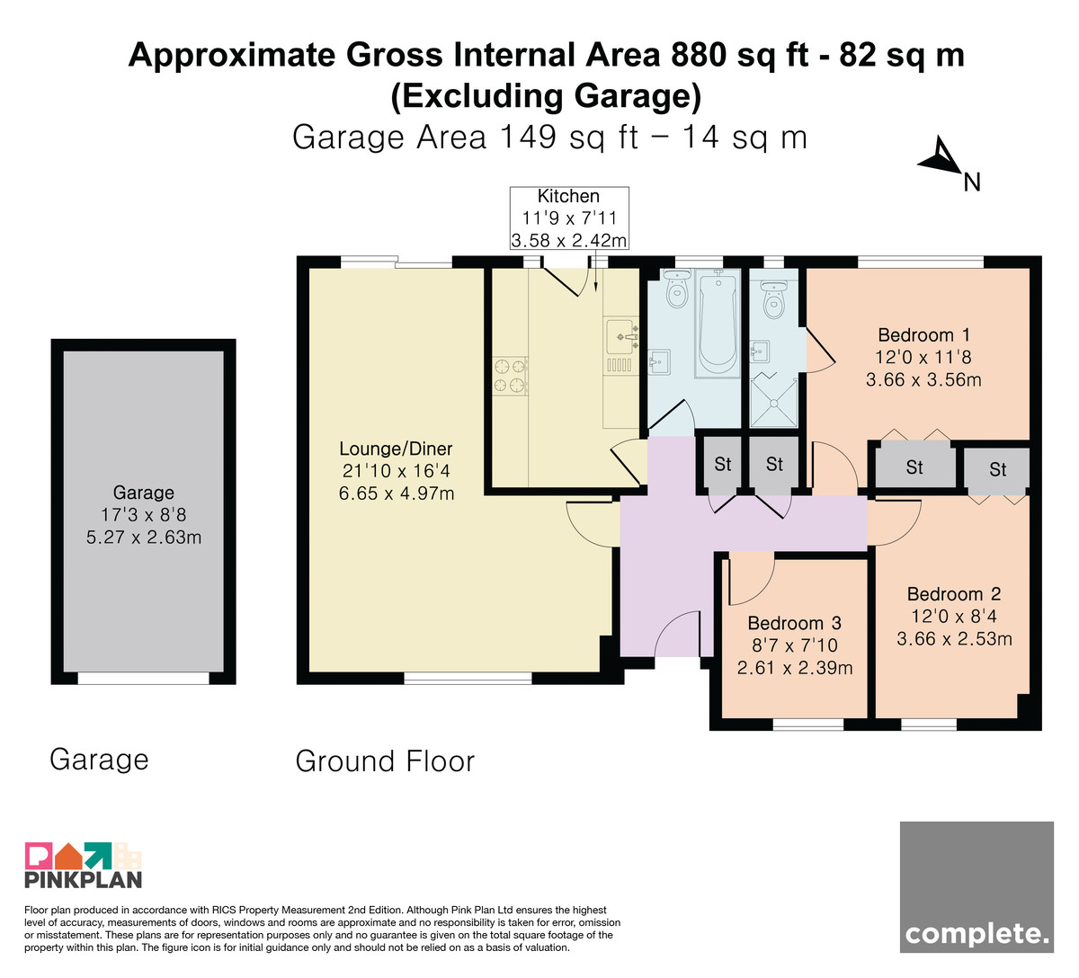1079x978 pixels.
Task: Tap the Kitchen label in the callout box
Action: [568, 196]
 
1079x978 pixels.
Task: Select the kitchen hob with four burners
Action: [510, 377]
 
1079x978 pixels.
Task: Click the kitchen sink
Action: [622, 346]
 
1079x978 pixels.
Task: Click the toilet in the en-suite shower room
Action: [773, 300]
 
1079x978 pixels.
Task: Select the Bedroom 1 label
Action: [923, 334]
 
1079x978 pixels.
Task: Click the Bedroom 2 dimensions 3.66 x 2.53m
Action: [954, 638]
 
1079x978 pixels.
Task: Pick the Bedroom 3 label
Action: [795, 623]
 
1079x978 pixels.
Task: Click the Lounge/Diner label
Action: [396, 449]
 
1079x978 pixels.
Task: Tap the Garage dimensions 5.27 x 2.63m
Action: [144, 537]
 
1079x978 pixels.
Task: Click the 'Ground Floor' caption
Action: [385, 761]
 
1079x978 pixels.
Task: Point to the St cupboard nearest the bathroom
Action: [722, 464]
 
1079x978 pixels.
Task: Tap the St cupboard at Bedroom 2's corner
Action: [997, 469]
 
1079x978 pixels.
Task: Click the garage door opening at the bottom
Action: [144, 678]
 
